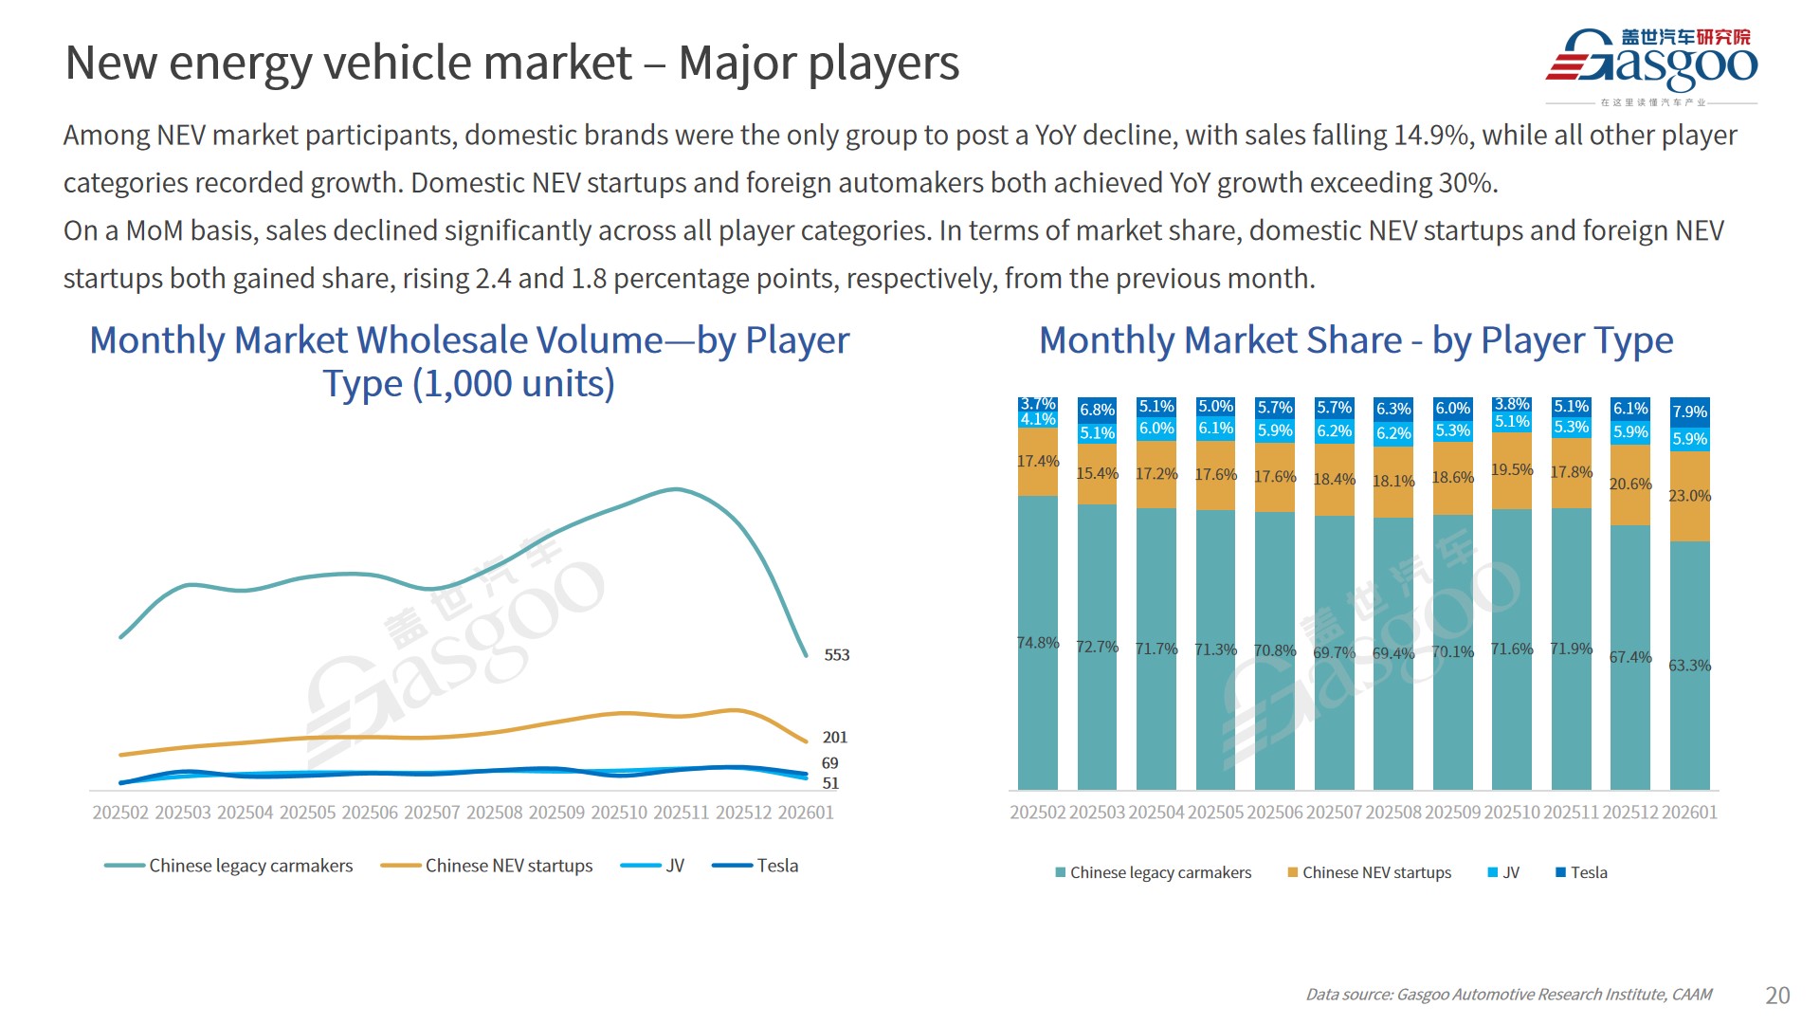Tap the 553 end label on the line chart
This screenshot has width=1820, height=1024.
(836, 655)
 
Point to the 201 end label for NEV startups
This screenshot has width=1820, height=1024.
(834, 738)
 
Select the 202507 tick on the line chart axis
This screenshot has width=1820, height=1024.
(432, 813)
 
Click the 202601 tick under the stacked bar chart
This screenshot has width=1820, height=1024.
(1689, 813)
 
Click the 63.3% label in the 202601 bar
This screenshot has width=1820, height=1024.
(1689, 666)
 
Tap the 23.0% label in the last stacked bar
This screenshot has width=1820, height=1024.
(1689, 496)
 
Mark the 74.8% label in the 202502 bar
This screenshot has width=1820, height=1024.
(1038, 643)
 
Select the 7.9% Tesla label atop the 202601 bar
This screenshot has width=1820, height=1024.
(1689, 411)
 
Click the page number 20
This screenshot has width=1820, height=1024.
(1777, 995)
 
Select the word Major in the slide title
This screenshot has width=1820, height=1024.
(737, 64)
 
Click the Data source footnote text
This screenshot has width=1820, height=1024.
(1508, 995)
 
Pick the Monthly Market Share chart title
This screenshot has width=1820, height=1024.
(1356, 340)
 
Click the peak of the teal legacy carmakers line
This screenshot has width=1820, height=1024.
(675, 489)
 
